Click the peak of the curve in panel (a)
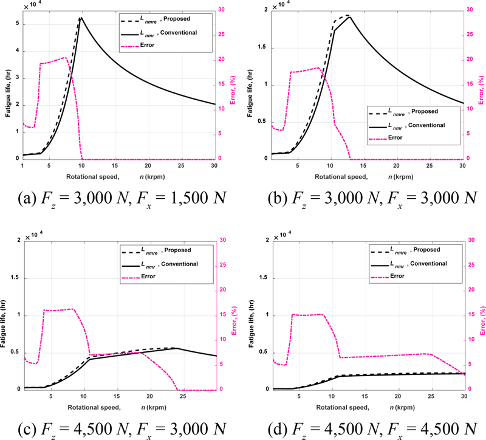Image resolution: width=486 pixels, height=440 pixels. click(x=81, y=18)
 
